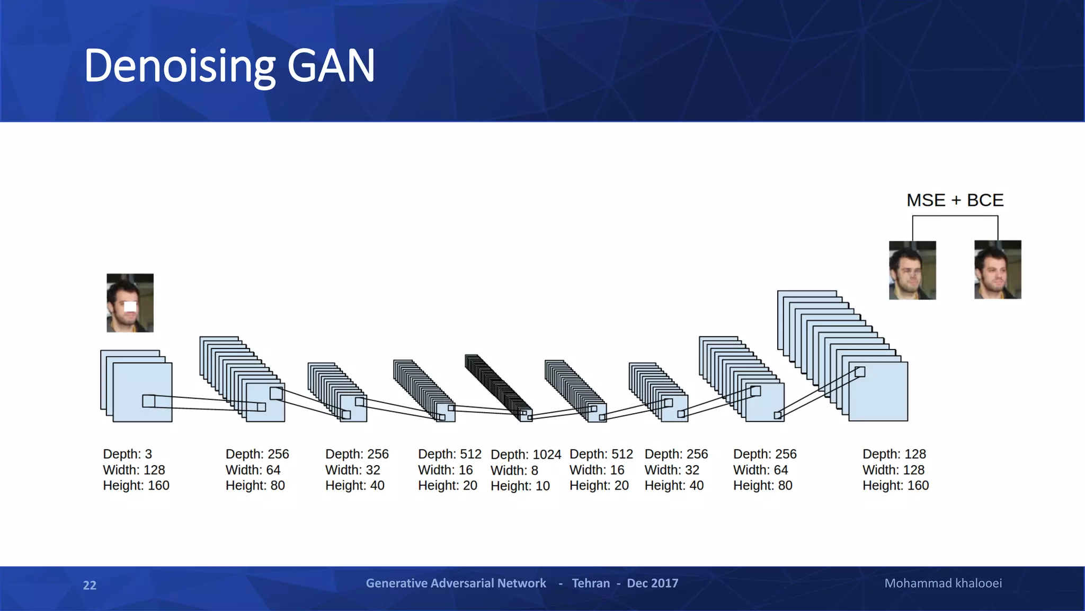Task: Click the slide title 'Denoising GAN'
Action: [x=229, y=66]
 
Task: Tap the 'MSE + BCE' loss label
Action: [x=955, y=200]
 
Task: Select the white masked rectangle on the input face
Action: [x=130, y=306]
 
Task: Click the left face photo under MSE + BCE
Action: [x=912, y=270]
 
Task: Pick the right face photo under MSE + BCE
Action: [x=998, y=270]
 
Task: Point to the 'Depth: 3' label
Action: [x=127, y=454]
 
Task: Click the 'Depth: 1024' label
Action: [x=526, y=455]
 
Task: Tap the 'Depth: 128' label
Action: [x=894, y=454]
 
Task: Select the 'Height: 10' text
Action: [x=520, y=486]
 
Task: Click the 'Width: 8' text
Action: [x=514, y=470]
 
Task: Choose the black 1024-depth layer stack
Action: [x=498, y=387]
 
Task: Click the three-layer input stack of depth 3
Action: [x=136, y=386]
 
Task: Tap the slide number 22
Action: [x=90, y=586]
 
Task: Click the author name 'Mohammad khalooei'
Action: [x=942, y=583]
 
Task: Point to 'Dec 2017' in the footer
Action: [x=652, y=583]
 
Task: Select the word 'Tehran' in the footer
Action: [x=591, y=583]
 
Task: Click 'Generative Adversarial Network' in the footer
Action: [x=456, y=583]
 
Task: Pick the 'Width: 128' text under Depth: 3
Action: [x=134, y=470]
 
